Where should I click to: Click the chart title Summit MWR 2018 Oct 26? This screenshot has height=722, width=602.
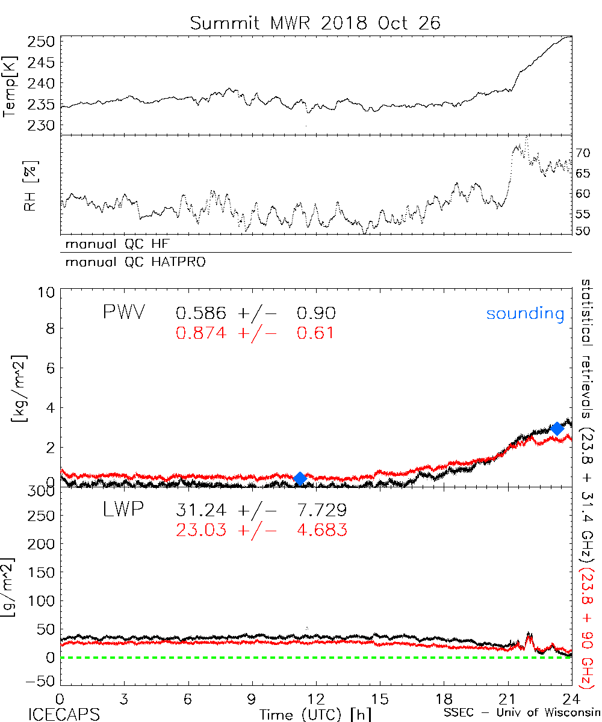(315, 23)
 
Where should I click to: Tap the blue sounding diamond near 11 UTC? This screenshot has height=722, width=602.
(300, 478)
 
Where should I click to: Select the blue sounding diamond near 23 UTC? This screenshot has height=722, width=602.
(557, 428)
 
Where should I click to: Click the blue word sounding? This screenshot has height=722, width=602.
(525, 313)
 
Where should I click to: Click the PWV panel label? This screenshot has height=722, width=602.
(123, 313)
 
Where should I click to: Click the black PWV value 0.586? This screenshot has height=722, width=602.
(201, 313)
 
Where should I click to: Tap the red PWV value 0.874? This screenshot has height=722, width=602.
(201, 333)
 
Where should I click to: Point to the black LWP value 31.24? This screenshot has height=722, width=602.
(201, 511)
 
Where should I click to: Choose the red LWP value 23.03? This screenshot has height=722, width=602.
(201, 530)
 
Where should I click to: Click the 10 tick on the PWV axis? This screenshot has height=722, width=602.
(48, 292)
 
